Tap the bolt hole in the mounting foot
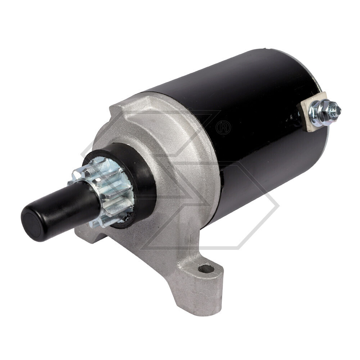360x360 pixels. [206, 268]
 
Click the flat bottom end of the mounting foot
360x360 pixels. [202, 310]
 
